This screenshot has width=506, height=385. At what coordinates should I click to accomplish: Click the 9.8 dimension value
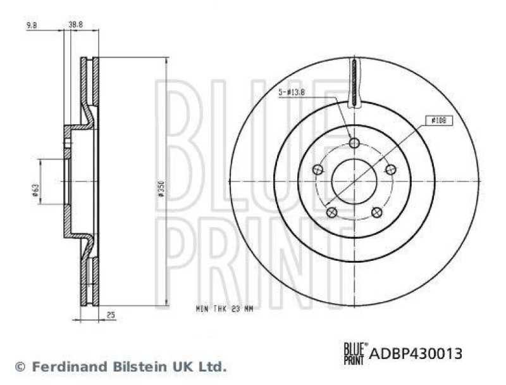pyautogui.click(x=30, y=26)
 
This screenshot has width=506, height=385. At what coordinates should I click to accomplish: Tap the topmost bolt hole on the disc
pyautogui.click(x=354, y=143)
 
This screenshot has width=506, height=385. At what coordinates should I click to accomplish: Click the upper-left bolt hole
pyautogui.click(x=318, y=169)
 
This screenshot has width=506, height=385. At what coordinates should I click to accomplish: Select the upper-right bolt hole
pyautogui.click(x=390, y=169)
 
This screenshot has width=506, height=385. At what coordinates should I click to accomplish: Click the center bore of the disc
pyautogui.click(x=354, y=181)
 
